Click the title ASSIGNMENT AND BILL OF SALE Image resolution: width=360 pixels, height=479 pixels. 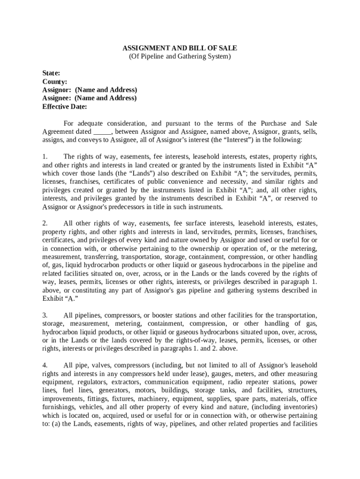point(180,48)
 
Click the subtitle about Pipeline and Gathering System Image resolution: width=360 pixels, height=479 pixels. point(180,57)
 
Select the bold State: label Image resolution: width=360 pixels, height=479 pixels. point(51,73)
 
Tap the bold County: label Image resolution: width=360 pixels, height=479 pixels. point(55,82)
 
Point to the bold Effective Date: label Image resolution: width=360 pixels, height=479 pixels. point(65,107)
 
